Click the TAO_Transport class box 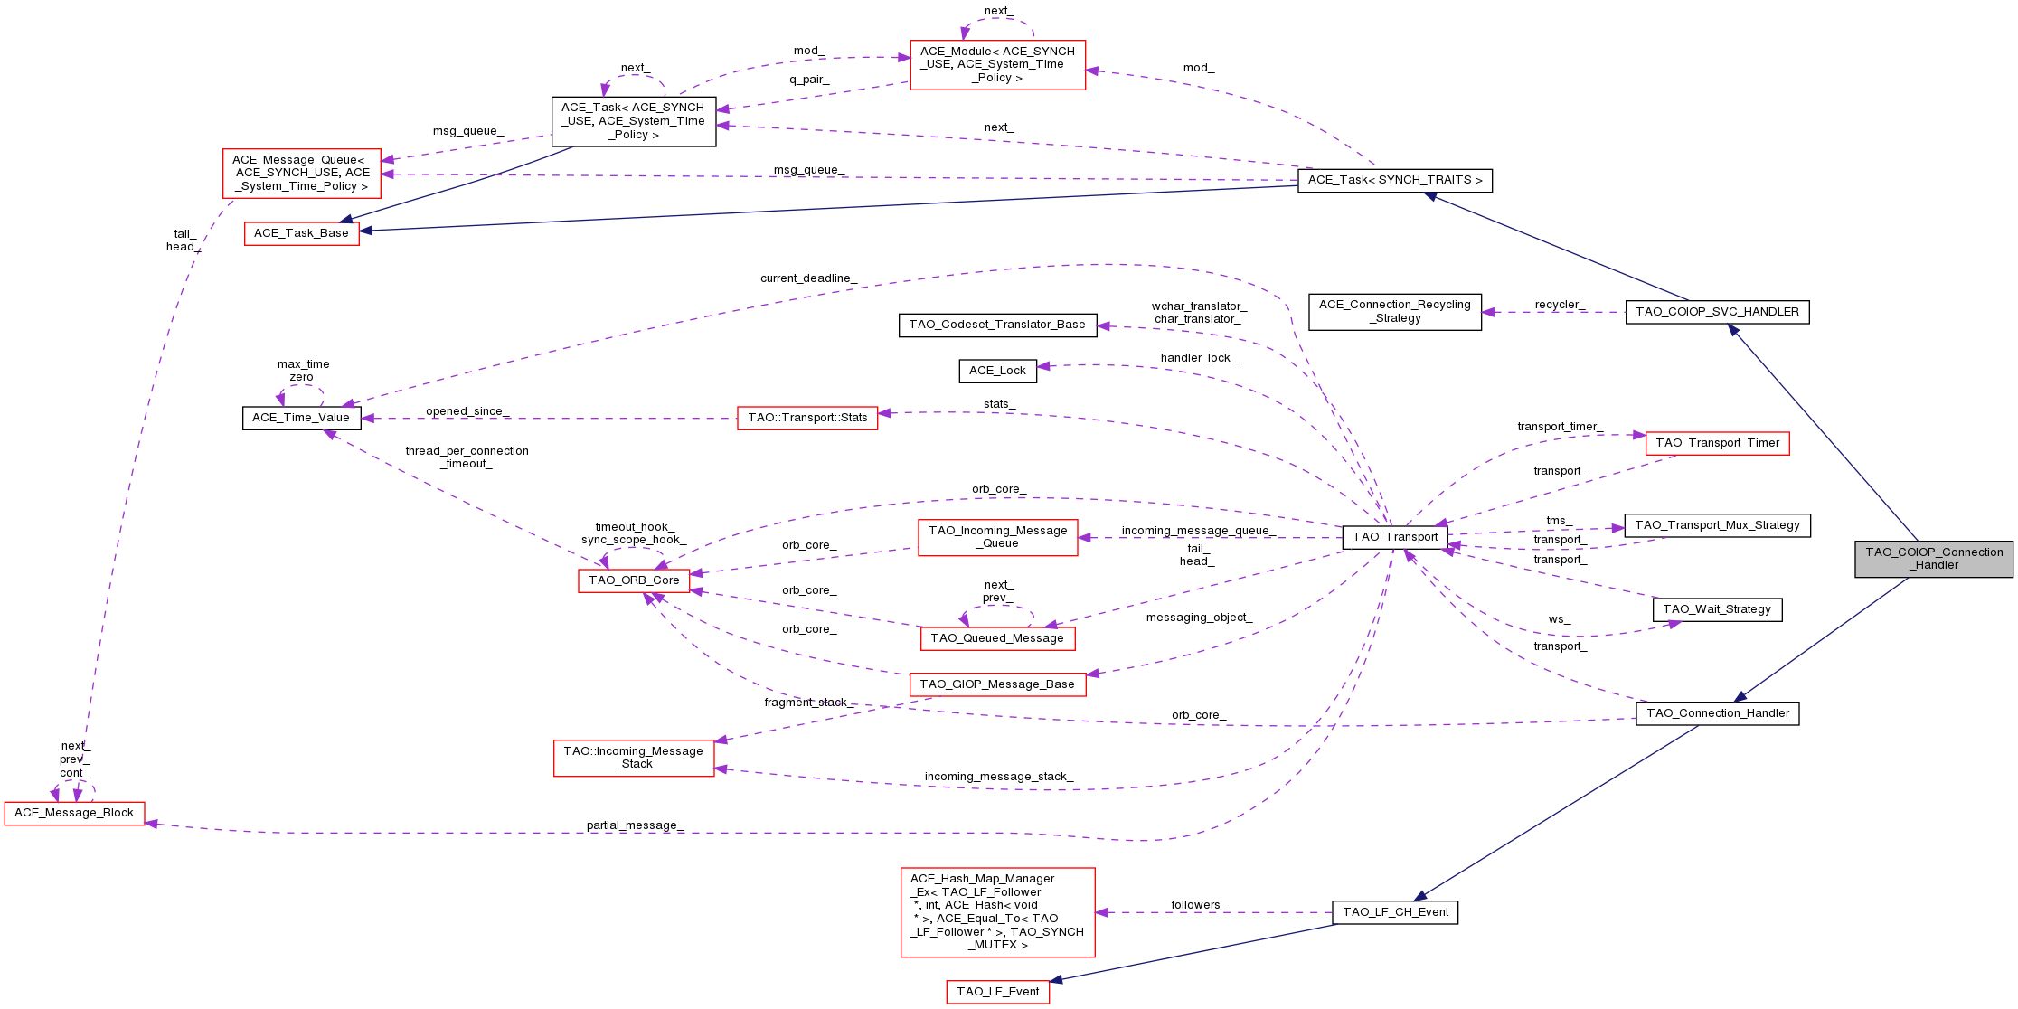[1394, 537]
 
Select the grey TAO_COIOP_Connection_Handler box [1933, 559]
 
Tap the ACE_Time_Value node [301, 418]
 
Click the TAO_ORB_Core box [634, 580]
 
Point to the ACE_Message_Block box [74, 813]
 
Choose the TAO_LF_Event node [997, 992]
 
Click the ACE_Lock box [997, 371]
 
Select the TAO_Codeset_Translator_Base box [997, 325]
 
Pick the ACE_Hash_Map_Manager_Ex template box [997, 911]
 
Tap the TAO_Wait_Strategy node [1716, 609]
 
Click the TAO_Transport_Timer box [1716, 443]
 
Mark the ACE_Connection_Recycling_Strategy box [1394, 312]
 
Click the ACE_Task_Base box [301, 233]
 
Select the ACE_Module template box [997, 64]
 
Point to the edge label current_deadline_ [808, 278]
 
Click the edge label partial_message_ [635, 825]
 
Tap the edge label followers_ [1199, 905]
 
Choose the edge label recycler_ [1560, 305]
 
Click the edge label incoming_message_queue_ [1198, 531]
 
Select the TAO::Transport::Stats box [806, 418]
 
